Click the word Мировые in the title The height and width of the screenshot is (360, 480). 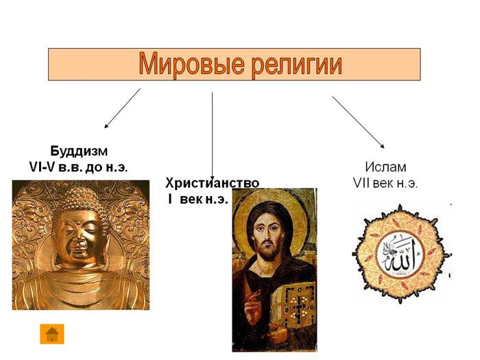point(191,64)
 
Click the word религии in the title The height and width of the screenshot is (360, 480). point(297,65)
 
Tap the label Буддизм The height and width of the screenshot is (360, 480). point(79,152)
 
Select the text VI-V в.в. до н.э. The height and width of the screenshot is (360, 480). point(78,167)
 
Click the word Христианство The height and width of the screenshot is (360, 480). point(212,183)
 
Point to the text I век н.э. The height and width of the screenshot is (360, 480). point(198,200)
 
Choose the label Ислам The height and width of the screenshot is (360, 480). point(385,167)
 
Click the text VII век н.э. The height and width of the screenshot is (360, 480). point(385,183)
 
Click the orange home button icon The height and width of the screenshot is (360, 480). point(52,334)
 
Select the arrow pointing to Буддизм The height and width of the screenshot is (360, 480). point(123,108)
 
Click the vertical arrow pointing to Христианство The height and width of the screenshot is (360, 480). point(212,136)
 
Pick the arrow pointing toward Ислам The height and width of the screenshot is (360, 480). point(358,122)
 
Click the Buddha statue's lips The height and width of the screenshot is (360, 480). point(79,254)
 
